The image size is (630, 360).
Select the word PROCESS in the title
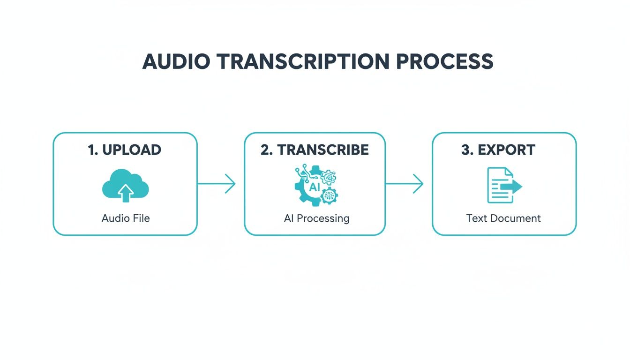point(445,62)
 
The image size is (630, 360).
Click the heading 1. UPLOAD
point(125,150)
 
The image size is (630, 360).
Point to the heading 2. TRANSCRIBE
point(315,150)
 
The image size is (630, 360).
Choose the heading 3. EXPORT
point(498,150)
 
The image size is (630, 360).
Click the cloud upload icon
point(125,186)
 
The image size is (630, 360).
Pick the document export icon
point(503,185)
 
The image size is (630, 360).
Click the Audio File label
point(126,218)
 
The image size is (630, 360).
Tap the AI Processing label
point(316,218)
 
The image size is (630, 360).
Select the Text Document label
point(503,218)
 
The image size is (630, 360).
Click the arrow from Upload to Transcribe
point(217,184)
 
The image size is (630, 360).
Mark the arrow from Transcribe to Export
point(405,184)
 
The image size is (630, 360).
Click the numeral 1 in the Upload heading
point(91,150)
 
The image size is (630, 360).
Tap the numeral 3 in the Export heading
point(466,150)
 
